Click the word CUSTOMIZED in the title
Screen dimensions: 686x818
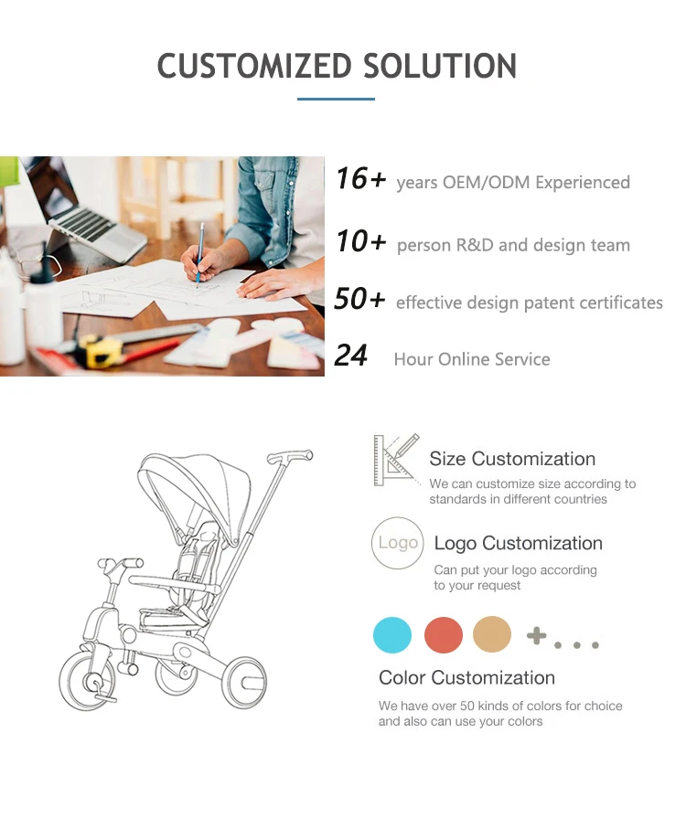[255, 66]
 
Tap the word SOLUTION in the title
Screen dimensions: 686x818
[440, 66]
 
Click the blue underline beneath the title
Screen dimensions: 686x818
[336, 99]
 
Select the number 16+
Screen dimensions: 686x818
[360, 178]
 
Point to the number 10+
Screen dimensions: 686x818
[360, 241]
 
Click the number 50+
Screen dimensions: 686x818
[359, 298]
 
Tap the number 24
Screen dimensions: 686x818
[351, 356]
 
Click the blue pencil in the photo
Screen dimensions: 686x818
[200, 255]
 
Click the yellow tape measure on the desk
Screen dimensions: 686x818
[102, 351]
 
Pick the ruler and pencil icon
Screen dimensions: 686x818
[397, 460]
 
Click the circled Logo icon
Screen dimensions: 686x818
[397, 543]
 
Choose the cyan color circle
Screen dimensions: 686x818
[392, 635]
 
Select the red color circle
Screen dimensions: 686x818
[444, 635]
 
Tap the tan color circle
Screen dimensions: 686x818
[492, 634]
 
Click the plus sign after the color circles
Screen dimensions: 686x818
[536, 635]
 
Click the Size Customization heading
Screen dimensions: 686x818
[512, 459]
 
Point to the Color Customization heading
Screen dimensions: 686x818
[466, 677]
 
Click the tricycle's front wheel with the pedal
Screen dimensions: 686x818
[88, 680]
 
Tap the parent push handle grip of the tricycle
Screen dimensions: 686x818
[290, 457]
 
